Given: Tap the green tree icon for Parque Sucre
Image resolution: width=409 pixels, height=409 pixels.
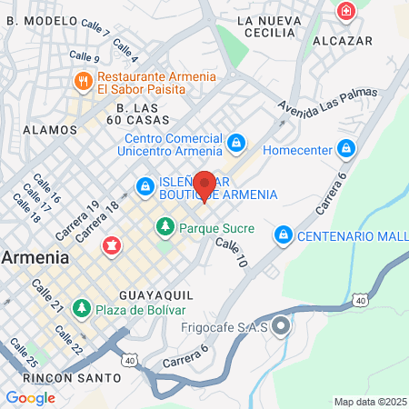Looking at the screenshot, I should pyautogui.click(x=165, y=224).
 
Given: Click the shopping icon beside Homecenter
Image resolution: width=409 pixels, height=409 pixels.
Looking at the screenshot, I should pyautogui.click(x=345, y=147).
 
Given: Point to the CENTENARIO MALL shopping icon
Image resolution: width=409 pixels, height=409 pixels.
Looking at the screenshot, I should pyautogui.click(x=283, y=236).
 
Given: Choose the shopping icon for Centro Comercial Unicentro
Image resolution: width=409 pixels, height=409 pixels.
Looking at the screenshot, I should pyautogui.click(x=236, y=143).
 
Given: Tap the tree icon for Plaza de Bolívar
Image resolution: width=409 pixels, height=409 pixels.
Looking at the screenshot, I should pyautogui.click(x=82, y=308).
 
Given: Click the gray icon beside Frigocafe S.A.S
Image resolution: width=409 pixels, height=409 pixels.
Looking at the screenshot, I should pyautogui.click(x=280, y=325).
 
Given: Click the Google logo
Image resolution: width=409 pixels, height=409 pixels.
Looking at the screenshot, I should pyautogui.click(x=30, y=397).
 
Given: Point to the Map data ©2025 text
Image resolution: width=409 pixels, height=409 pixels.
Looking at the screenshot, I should pyautogui.click(x=369, y=401).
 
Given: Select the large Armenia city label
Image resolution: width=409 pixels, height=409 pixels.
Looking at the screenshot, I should pyautogui.click(x=35, y=257).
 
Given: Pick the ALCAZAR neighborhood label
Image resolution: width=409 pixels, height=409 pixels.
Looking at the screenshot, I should pyautogui.click(x=343, y=41).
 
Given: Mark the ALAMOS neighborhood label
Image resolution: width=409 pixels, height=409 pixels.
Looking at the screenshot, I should pyautogui.click(x=50, y=130).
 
